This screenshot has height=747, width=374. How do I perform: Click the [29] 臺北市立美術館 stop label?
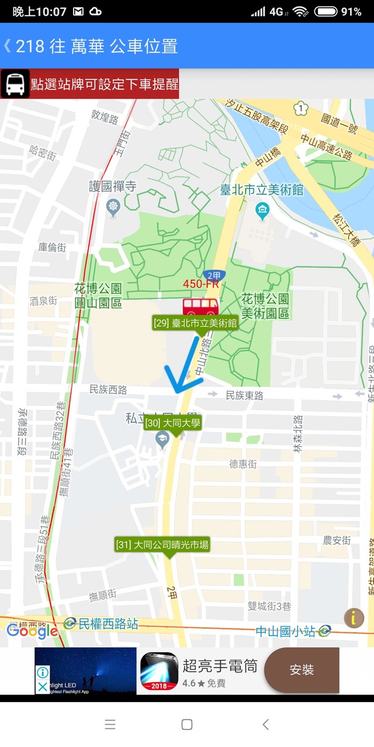coord(195,323)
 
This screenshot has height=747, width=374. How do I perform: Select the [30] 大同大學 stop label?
coord(172,423)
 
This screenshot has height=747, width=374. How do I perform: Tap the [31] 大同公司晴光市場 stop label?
coord(162,545)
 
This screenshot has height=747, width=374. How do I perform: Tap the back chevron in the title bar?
coord(8,46)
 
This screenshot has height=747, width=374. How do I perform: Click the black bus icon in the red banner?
coord(15,84)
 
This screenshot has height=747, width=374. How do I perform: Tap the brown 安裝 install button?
coord(302,670)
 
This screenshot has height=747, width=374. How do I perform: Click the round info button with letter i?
coord(354,618)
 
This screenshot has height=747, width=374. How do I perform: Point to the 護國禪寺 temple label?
coord(112,187)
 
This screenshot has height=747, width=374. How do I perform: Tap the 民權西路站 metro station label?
coord(108,623)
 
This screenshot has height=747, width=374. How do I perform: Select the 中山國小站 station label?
coord(286,631)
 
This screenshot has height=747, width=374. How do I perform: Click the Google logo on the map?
coord(32,630)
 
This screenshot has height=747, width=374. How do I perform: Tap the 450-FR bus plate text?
coord(200,284)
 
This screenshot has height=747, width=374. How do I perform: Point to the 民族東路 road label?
coord(244,396)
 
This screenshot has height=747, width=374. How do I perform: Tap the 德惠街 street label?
coord(243,464)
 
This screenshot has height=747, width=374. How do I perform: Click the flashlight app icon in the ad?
coord(159,671)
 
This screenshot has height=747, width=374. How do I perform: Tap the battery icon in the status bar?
coord(325,12)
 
